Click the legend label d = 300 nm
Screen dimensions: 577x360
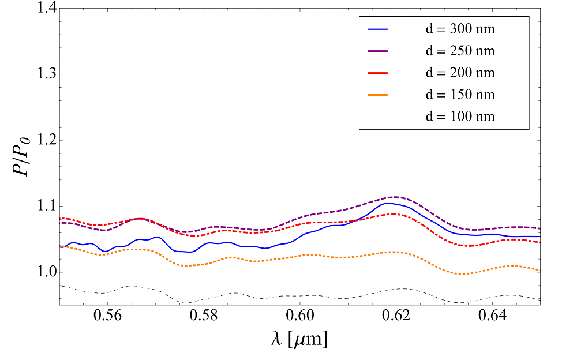460,29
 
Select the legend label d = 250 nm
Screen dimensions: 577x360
460,51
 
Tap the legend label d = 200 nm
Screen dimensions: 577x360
460,73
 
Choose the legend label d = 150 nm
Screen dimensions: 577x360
460,95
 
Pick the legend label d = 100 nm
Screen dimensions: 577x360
460,117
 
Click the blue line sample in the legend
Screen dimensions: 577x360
378,29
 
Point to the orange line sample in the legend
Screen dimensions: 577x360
378,95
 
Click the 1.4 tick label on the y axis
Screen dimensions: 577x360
47,8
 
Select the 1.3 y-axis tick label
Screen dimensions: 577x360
47,74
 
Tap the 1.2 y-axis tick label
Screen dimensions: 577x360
47,140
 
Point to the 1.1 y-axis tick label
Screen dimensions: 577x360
47,206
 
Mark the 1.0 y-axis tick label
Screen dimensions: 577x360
47,272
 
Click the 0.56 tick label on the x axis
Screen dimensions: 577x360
107,316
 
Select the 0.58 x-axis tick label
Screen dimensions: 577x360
204,316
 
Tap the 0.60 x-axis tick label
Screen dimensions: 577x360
300,316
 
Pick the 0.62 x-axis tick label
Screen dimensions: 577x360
396,316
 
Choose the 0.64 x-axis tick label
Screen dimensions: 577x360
492,316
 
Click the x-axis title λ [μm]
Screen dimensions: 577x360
299,339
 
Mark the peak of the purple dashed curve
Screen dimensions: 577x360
396,197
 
